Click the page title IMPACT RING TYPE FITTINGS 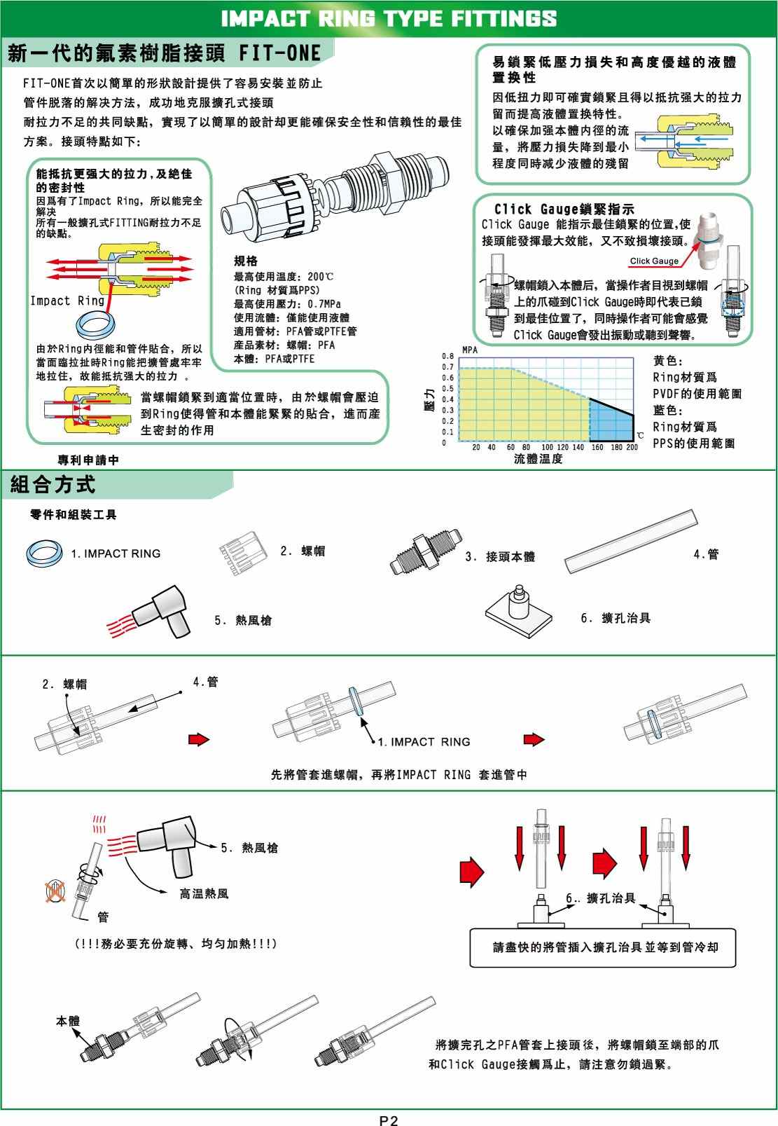click(389, 18)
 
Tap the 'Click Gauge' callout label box click(654, 261)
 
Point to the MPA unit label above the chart click(470, 349)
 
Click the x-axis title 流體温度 click(538, 460)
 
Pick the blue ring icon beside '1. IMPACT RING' click(45, 553)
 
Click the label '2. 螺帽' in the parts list click(303, 551)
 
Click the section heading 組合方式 click(53, 484)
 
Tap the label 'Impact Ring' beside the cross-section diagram click(67, 301)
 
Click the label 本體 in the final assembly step click(68, 1021)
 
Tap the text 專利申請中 click(88, 460)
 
